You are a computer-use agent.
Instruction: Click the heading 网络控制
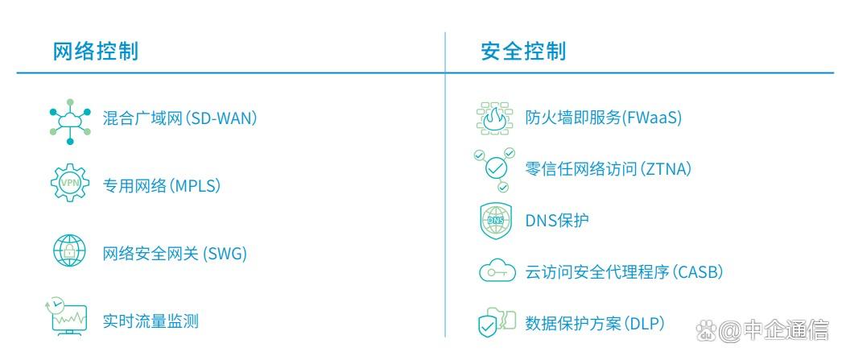click(95, 52)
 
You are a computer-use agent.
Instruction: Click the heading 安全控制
click(523, 52)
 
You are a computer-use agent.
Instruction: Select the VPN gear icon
click(70, 183)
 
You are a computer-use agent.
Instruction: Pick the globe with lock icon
click(69, 250)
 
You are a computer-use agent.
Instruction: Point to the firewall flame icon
click(493, 118)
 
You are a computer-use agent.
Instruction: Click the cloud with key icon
click(497, 272)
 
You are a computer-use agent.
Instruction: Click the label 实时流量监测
click(151, 321)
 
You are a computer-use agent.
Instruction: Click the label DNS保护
click(557, 220)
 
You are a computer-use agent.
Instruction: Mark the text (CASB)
click(698, 271)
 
